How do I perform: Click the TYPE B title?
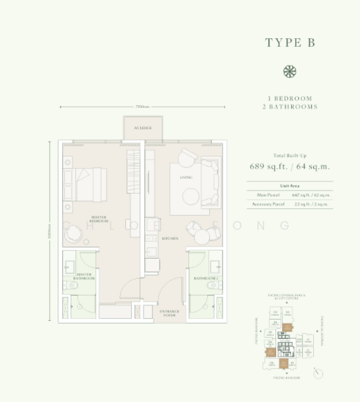tap(290, 42)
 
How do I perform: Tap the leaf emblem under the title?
tap(290, 72)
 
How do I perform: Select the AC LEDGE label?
tap(143, 127)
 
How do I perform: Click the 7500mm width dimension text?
tap(141, 107)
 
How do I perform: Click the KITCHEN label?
tap(170, 238)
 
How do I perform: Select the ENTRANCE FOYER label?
tap(168, 314)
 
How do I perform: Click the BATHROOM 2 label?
tap(206, 277)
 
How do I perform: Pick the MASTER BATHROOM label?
tap(84, 276)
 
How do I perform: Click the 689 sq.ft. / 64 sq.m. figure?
tap(290, 167)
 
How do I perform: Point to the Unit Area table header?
tap(290, 185)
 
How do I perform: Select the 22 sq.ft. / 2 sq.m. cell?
tap(314, 204)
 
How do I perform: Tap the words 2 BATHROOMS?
tap(290, 107)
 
